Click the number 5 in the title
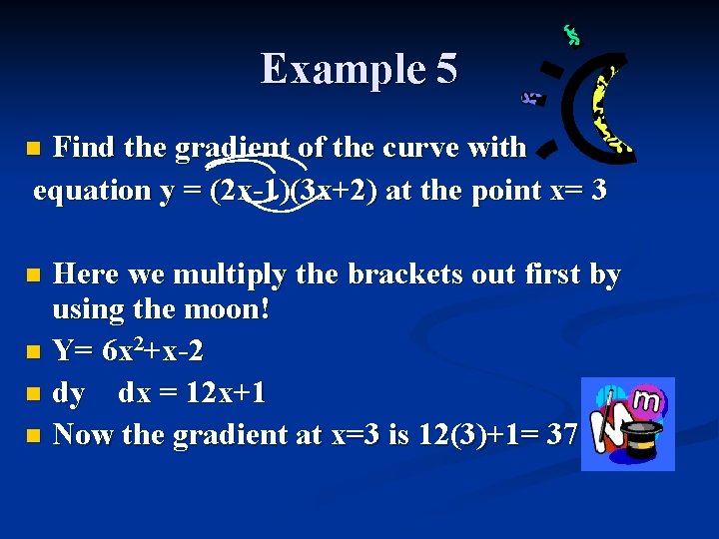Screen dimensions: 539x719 [x=446, y=69]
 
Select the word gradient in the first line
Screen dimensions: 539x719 [x=234, y=148]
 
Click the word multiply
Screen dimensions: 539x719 [x=263, y=274]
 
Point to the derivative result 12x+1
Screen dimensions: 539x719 [x=225, y=393]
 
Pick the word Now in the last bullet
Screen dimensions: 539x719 [x=79, y=434]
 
